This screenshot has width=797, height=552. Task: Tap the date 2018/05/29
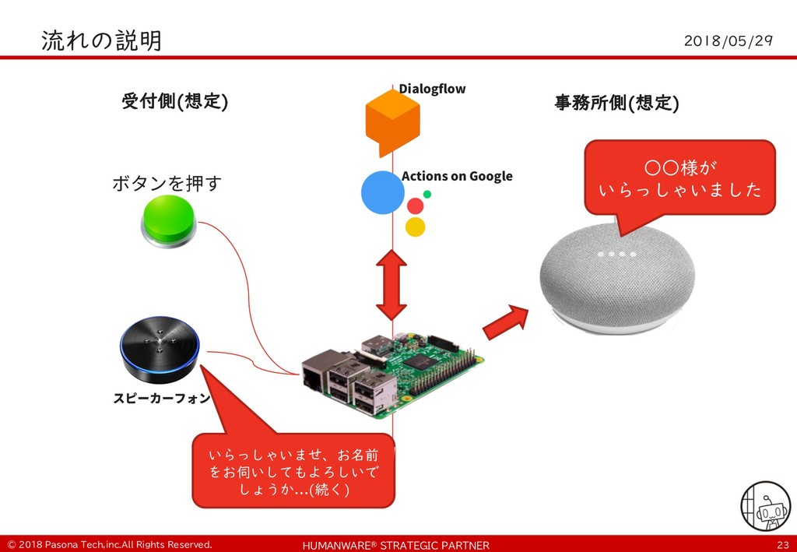tap(727, 40)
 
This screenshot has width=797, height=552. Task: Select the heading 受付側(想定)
tap(174, 102)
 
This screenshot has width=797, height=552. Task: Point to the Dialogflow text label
tap(432, 89)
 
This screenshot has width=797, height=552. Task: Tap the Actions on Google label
tap(457, 176)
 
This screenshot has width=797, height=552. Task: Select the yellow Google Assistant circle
tap(416, 227)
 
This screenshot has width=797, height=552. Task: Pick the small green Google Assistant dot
tap(427, 194)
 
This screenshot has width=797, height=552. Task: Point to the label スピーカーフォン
tap(161, 399)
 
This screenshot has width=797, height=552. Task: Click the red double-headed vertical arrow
tap(391, 285)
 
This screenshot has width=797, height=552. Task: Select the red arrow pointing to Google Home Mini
tap(505, 321)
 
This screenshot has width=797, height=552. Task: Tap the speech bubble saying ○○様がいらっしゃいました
tap(679, 178)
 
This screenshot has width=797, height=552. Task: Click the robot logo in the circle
tap(765, 506)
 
